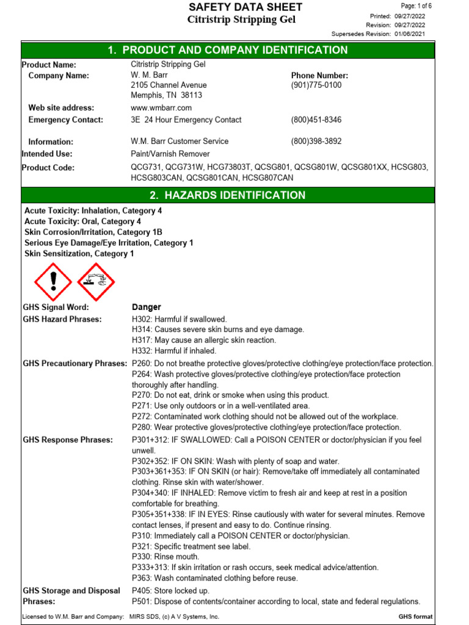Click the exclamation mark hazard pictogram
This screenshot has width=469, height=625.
53,280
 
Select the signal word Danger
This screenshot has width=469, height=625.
147,307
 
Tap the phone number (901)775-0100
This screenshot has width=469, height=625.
316,85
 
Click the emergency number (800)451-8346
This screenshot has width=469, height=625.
316,120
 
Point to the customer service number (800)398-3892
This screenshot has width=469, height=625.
316,142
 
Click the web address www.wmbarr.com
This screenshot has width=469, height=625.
157,108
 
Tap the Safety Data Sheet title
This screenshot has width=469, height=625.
245,7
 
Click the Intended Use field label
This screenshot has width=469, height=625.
47,154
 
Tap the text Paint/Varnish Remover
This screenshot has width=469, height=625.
170,154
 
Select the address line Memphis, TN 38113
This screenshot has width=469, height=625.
167,95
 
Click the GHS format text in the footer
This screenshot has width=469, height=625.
415,617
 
